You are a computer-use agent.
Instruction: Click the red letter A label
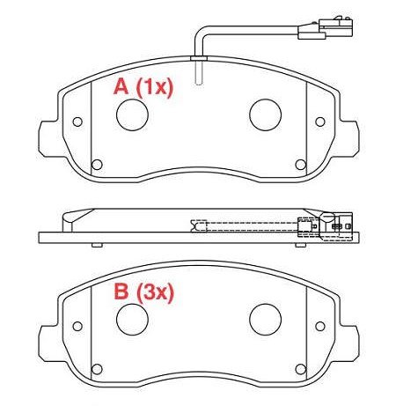[121, 86]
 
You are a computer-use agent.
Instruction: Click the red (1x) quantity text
[155, 87]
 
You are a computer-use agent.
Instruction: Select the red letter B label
[121, 292]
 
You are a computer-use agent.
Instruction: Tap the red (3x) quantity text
[155, 292]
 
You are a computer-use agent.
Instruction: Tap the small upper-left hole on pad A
[77, 122]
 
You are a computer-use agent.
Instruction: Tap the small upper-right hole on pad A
[320, 122]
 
